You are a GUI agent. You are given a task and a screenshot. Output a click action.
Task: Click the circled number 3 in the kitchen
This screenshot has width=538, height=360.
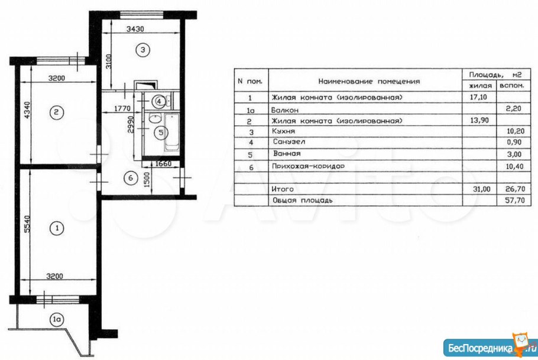(x=142, y=50)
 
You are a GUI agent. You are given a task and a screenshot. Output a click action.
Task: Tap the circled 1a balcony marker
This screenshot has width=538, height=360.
(x=57, y=320)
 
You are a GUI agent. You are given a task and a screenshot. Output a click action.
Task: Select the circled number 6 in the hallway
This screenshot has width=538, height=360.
(x=131, y=178)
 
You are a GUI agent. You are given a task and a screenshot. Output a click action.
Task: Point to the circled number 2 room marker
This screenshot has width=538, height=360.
(x=57, y=112)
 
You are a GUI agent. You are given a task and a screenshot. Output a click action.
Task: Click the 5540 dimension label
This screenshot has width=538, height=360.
(x=27, y=224)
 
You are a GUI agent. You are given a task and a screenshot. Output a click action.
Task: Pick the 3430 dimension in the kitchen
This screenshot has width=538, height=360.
(x=135, y=29)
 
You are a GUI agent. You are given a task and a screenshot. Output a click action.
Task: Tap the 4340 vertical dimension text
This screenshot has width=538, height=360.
(x=27, y=110)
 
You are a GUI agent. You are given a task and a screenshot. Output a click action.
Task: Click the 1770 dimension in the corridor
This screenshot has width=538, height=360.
(x=122, y=108)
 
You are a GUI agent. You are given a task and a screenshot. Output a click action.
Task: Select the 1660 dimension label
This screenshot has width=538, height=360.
(x=163, y=164)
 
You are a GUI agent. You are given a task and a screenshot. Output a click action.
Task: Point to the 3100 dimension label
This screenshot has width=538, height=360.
(x=108, y=61)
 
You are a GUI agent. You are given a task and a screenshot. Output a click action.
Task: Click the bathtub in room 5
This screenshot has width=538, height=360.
(x=171, y=132)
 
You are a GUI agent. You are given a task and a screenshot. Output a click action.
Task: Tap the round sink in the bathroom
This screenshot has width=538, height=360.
(x=155, y=118)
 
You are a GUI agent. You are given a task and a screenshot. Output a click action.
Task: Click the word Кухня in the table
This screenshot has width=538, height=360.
(x=283, y=131)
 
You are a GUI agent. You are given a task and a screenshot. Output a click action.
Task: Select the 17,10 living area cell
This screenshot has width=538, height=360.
(x=479, y=97)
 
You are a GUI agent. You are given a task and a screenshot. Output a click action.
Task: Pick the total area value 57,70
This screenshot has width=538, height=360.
(x=515, y=200)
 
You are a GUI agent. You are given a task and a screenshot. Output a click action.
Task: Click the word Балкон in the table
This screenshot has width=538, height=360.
(x=285, y=110)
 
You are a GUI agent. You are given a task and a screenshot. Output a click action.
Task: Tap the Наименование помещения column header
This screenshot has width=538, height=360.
(x=369, y=82)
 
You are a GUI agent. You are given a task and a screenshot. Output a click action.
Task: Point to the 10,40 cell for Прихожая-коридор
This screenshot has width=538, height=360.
(x=515, y=167)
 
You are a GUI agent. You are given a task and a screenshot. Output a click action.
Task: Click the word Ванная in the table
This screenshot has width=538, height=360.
(x=287, y=154)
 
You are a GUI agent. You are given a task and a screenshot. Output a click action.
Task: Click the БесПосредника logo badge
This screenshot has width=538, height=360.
(x=490, y=347)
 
